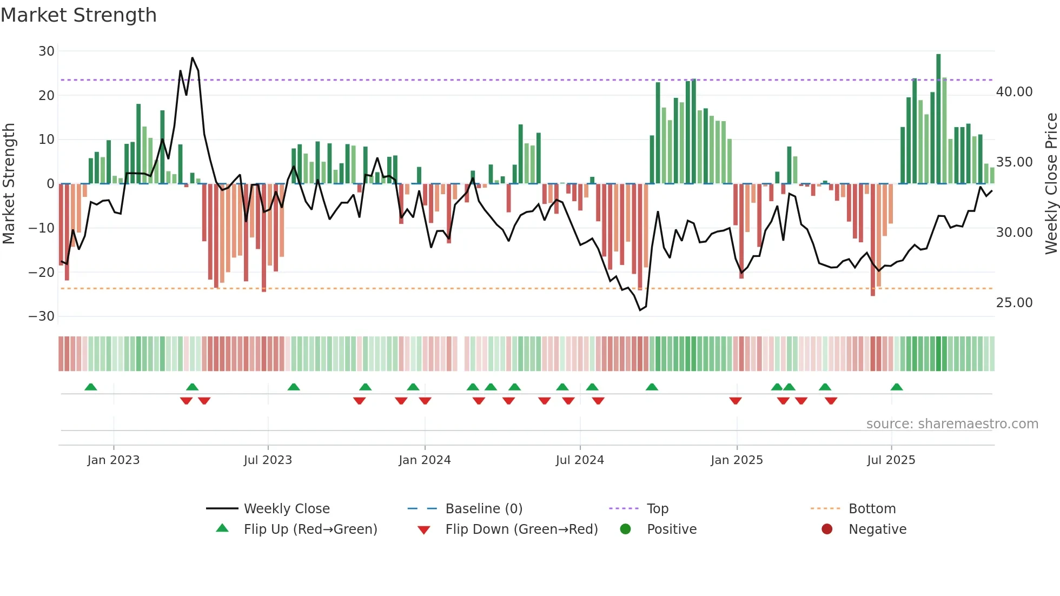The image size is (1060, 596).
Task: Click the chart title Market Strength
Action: (79, 15)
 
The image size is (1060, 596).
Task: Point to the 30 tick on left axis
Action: (47, 51)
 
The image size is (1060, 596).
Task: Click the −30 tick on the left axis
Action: (42, 316)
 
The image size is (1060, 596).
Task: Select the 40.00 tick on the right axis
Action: (1014, 92)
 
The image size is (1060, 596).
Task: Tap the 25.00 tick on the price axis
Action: (1014, 303)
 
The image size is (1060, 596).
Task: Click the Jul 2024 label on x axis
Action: (580, 460)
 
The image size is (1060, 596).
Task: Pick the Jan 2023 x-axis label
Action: (114, 460)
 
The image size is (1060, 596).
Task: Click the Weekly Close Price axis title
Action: (1051, 184)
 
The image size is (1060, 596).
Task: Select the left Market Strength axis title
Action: (9, 184)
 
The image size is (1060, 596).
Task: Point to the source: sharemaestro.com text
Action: (952, 424)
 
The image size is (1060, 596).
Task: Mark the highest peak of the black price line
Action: (192, 58)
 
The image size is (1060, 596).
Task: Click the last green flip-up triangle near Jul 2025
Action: (897, 387)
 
